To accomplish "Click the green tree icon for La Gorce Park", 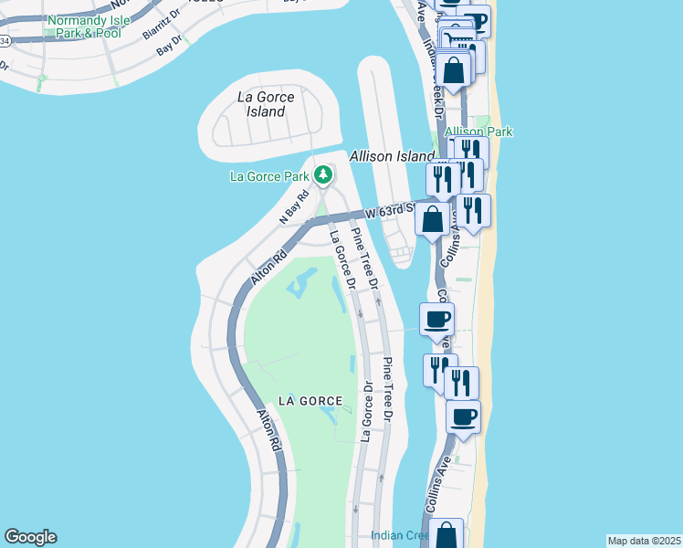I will (x=322, y=174).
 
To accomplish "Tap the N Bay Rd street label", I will (x=295, y=206).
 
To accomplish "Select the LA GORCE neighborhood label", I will (x=310, y=401).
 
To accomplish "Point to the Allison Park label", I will (x=478, y=132).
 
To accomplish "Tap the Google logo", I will (x=30, y=537).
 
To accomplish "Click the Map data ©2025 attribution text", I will (x=644, y=540).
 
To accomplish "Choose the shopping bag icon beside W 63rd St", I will (x=433, y=218).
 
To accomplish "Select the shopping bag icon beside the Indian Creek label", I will (x=447, y=534).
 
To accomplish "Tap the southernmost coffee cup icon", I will (x=463, y=416).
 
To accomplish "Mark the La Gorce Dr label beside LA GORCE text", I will (x=367, y=411).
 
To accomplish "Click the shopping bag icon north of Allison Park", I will (x=454, y=68).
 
